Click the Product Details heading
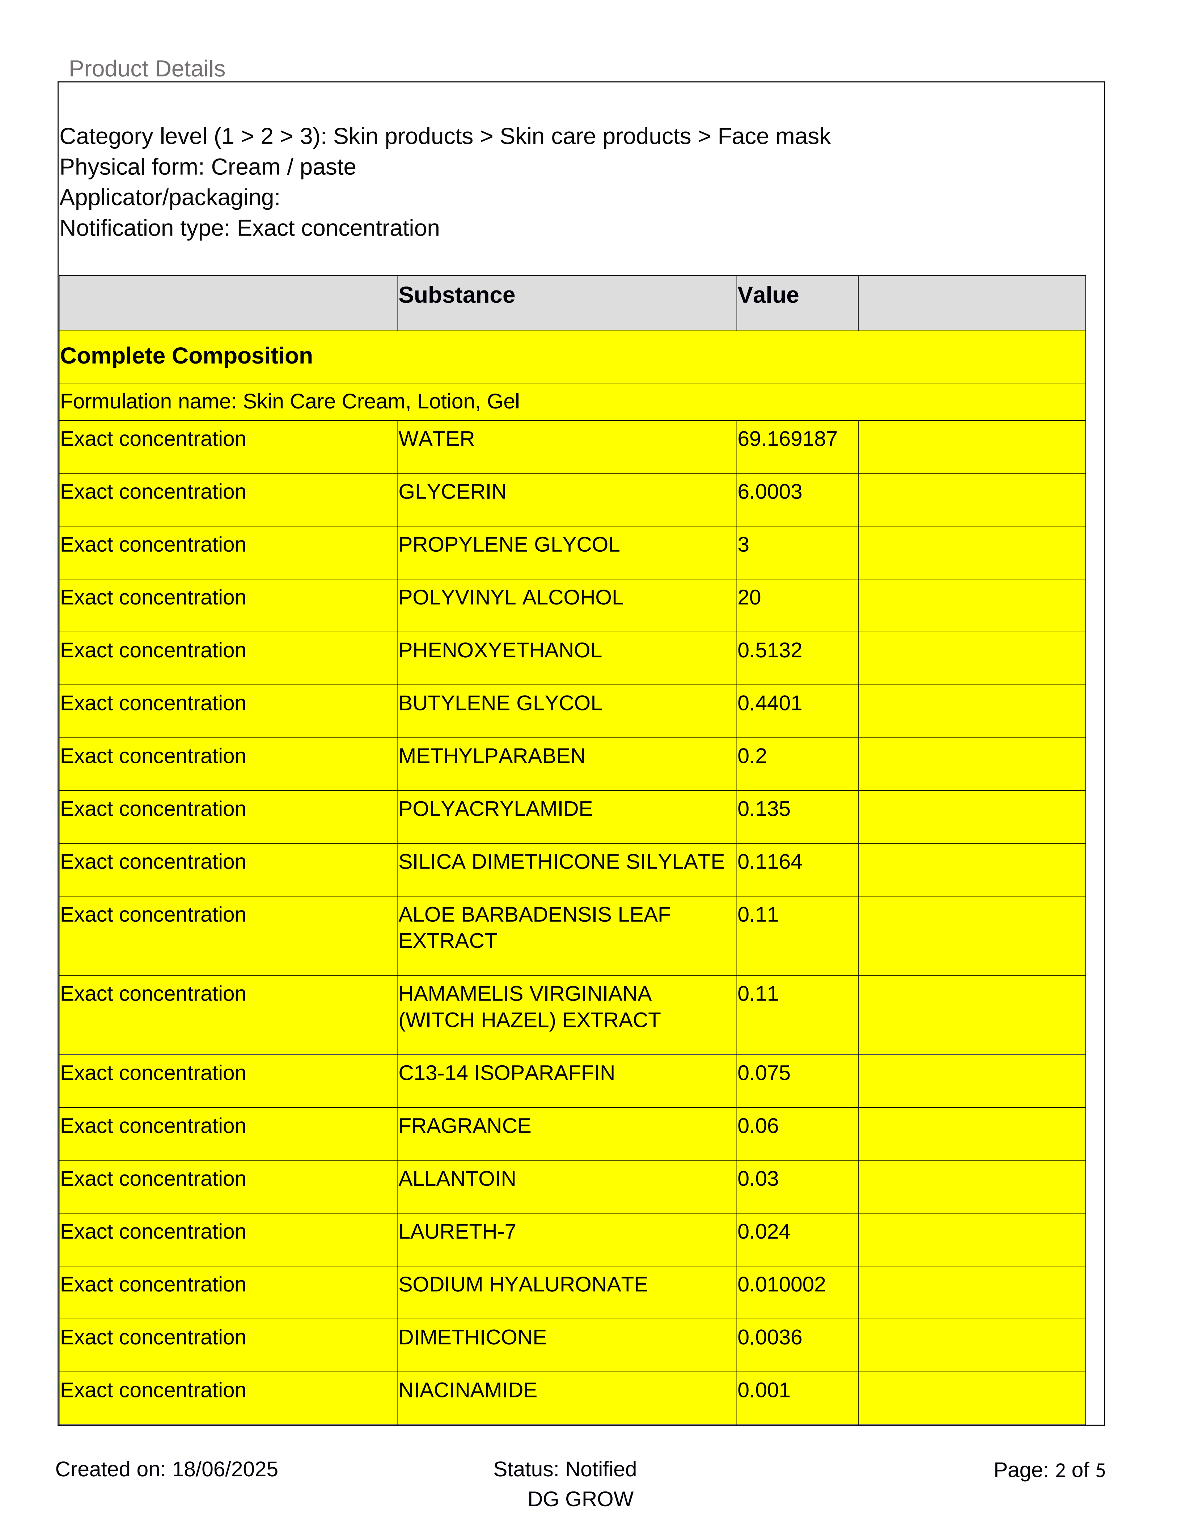tap(147, 69)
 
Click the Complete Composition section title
tap(186, 356)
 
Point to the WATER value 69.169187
tap(787, 440)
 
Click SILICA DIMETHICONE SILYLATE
tap(561, 862)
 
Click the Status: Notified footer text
tap(564, 1469)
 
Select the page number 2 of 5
tap(1080, 1470)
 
